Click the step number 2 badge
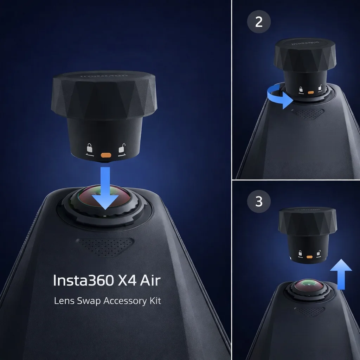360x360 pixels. [259, 22]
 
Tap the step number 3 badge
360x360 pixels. [259, 201]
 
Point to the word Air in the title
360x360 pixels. [150, 280]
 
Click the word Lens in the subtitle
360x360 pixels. [63, 301]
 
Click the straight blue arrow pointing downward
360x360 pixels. [105, 188]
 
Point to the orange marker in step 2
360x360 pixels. [311, 94]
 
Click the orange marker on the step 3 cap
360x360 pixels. [310, 257]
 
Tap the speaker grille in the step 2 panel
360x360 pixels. [308, 113]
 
